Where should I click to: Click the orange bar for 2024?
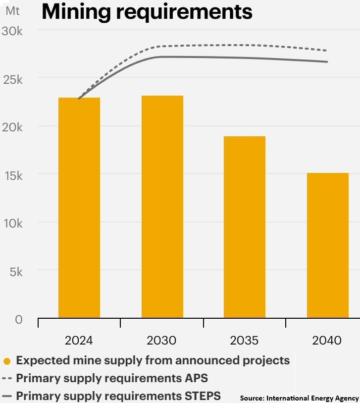click(79, 208)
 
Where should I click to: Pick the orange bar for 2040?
click(327, 245)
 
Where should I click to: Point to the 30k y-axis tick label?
click(13, 31)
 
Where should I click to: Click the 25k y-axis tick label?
click(13, 79)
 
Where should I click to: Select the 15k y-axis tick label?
click(13, 175)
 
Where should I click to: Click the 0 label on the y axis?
click(19, 320)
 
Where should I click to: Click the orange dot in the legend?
click(7, 361)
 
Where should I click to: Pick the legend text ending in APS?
click(112, 378)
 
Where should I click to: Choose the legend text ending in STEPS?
click(118, 396)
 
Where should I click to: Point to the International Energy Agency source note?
click(300, 398)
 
